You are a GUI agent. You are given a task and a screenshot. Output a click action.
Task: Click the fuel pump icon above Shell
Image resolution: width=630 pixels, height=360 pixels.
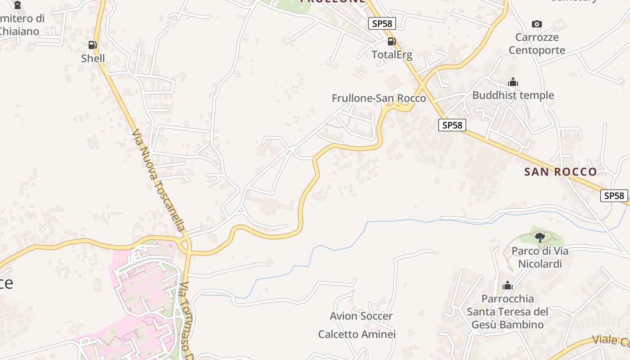click(92, 45)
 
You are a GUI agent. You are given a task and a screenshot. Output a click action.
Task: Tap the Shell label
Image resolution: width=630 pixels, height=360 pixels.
click(93, 58)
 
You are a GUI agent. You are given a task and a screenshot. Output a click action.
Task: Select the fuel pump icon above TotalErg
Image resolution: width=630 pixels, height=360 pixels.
click(392, 41)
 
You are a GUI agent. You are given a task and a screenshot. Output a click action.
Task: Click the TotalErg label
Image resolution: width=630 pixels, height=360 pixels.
click(391, 55)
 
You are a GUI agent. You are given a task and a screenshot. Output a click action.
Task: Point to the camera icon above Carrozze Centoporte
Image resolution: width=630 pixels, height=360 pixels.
click(536, 24)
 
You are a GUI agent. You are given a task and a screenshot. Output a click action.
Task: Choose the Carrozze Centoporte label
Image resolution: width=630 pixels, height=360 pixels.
click(537, 44)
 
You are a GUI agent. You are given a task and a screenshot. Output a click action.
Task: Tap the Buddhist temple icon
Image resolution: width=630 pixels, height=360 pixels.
click(513, 82)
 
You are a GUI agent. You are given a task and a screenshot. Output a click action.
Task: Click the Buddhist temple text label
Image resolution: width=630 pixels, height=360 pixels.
click(513, 95)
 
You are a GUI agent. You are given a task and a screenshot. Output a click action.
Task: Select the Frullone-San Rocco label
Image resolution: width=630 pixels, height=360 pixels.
click(378, 98)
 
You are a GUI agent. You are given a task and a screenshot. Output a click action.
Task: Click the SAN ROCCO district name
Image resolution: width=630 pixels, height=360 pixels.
click(560, 171)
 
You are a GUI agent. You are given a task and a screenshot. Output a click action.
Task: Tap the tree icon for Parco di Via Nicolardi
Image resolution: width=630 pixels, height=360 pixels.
click(540, 237)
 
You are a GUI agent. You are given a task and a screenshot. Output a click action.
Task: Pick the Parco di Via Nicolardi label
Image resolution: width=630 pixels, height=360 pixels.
click(540, 257)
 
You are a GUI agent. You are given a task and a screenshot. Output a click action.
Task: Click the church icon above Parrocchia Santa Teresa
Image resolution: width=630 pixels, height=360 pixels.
click(508, 285)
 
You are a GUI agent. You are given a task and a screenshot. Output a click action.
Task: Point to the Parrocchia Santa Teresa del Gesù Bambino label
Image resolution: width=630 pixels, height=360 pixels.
click(508, 311)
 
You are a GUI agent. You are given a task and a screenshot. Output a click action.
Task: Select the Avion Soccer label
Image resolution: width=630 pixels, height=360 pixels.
click(361, 316)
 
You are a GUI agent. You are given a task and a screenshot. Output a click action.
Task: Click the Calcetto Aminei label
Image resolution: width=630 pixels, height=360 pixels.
click(357, 334)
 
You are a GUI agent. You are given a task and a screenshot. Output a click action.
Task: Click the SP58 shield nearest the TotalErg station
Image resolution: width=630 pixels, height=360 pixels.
click(382, 23)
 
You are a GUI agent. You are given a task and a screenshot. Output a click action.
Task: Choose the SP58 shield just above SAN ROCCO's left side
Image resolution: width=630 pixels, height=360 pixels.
click(452, 125)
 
